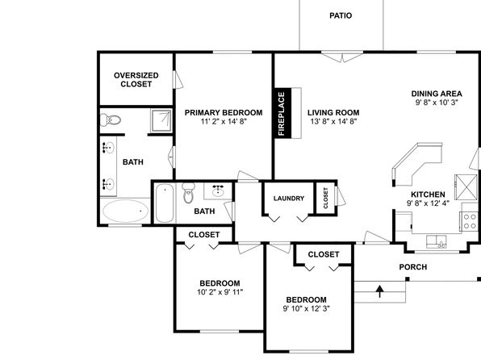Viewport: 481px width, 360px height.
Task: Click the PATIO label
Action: [x=341, y=15]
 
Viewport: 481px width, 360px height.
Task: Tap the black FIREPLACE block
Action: [x=282, y=113]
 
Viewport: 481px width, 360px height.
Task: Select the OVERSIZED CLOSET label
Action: [x=136, y=80]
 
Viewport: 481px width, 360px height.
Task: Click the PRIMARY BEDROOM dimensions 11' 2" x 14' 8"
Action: [x=224, y=121]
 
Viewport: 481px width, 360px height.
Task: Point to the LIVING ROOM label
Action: [x=333, y=113]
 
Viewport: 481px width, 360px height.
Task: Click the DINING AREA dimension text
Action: [x=437, y=103]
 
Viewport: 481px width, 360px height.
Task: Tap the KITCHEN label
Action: [x=428, y=195]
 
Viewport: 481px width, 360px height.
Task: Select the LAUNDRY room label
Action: [x=289, y=199]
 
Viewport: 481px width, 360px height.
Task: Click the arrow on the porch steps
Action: [x=380, y=291]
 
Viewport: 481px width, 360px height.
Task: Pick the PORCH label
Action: [x=413, y=267]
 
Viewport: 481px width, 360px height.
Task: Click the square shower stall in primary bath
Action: [x=161, y=120]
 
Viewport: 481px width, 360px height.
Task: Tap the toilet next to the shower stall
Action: [x=111, y=119]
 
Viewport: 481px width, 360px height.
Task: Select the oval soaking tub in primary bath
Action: [x=125, y=211]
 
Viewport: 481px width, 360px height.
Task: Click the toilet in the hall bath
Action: [x=188, y=192]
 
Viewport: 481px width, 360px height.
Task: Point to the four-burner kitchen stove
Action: [x=470, y=222]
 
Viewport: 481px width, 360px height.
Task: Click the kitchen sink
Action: [x=437, y=241]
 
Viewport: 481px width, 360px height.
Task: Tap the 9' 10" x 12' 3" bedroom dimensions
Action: [x=306, y=308]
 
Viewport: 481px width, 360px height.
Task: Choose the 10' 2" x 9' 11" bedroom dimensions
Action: [x=220, y=292]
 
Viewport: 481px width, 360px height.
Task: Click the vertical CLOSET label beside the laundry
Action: [x=326, y=198]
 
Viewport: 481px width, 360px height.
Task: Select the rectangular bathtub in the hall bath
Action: [x=165, y=203]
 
